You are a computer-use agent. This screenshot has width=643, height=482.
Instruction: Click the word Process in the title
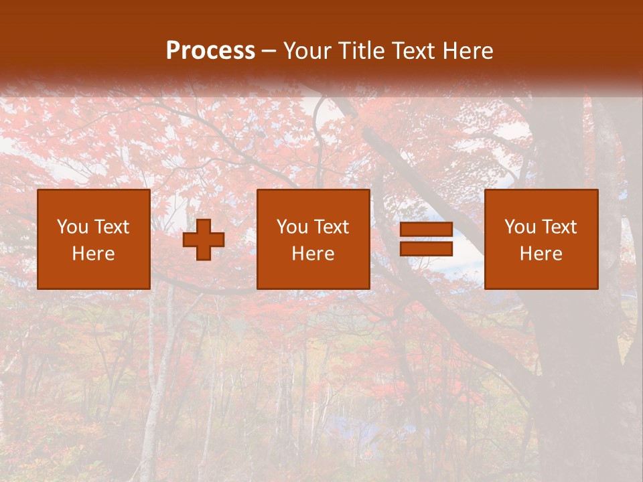point(210,51)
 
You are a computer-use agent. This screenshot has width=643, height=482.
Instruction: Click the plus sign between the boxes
point(204,240)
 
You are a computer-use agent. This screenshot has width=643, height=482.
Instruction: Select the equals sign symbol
point(426,239)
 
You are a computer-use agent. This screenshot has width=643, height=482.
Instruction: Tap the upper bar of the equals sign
point(426,230)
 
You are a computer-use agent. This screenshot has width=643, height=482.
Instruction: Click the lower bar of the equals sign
point(426,249)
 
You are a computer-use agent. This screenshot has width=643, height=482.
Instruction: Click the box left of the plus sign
point(94,239)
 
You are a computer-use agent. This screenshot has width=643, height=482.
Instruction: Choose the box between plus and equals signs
point(313,239)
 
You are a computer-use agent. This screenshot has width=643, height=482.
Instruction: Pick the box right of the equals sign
point(541,239)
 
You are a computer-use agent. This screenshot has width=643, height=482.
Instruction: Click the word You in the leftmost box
point(72,227)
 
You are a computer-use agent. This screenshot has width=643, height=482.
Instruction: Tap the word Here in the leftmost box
point(94,254)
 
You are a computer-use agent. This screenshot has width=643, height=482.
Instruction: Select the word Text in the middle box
point(332,227)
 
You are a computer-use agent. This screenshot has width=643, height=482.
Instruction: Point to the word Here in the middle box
point(313,254)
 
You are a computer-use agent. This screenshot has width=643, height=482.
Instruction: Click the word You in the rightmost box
point(520,227)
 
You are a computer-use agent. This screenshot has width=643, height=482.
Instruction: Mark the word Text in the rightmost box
point(559,227)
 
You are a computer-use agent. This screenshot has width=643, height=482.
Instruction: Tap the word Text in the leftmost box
point(112,227)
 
